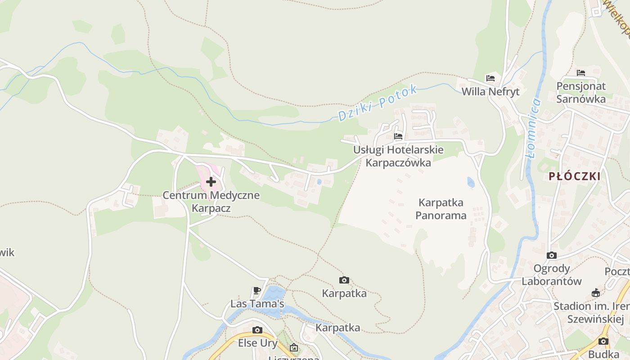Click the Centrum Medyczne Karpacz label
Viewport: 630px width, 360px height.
(x=211, y=202)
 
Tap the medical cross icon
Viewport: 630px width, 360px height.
(x=211, y=182)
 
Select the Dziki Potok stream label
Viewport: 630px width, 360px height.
(x=378, y=103)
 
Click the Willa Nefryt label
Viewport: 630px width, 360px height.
(x=490, y=92)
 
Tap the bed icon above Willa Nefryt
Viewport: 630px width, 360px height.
(x=490, y=78)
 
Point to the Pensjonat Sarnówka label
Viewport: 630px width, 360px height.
(x=581, y=92)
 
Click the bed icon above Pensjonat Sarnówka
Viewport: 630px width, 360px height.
(x=581, y=72)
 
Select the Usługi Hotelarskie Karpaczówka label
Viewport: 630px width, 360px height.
(x=398, y=156)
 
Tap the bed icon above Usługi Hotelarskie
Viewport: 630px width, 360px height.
(x=398, y=136)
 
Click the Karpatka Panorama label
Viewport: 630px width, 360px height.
(x=441, y=209)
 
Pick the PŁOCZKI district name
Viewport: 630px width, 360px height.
(x=575, y=176)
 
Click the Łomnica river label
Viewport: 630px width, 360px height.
(x=535, y=128)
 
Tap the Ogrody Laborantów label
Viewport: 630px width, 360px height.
(x=552, y=275)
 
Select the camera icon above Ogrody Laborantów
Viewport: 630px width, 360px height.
(x=552, y=256)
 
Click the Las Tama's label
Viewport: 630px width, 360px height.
(x=257, y=304)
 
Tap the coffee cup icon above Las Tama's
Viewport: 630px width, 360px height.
(x=257, y=290)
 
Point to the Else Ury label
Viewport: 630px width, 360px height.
(x=257, y=343)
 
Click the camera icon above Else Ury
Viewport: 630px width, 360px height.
(x=257, y=330)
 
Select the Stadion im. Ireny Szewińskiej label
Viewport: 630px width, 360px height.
(x=591, y=312)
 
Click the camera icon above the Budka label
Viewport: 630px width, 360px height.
(x=603, y=341)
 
